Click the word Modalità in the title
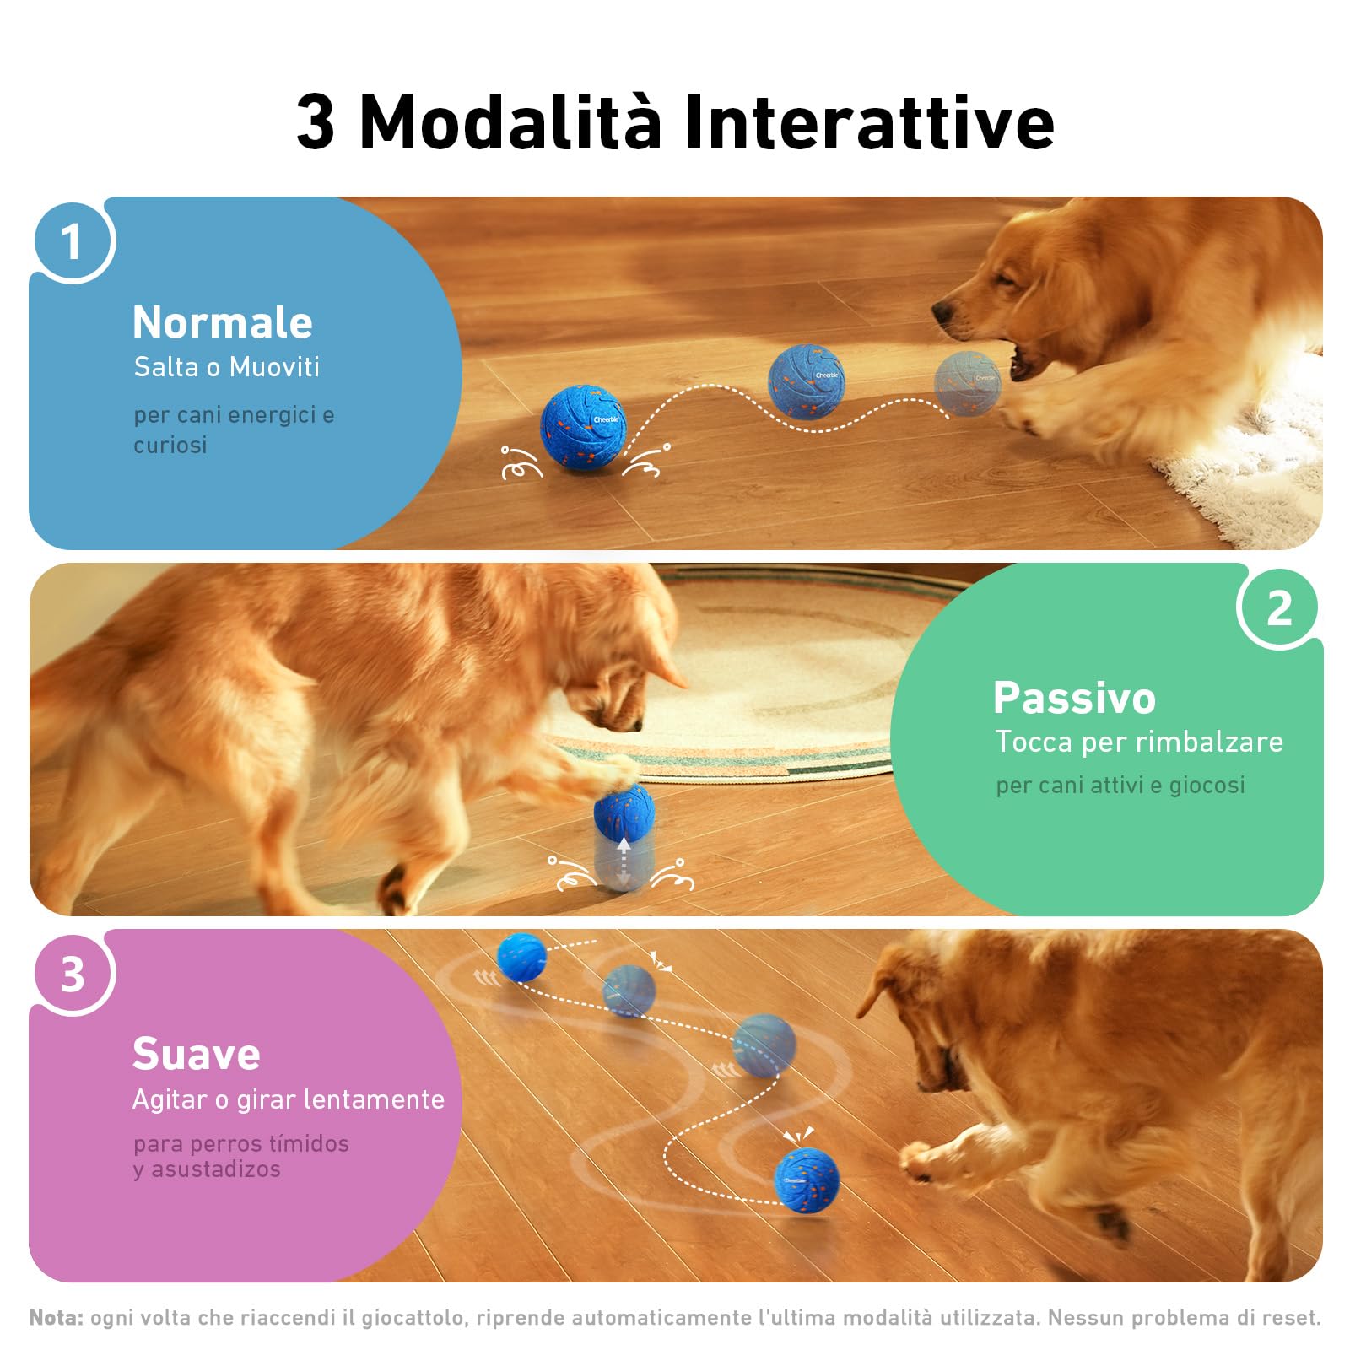pos(510,122)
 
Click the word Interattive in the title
pos(869,122)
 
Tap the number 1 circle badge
pos(73,242)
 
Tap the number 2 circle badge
pos(1278,607)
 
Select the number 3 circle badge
pos(73,974)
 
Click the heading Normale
pos(223,322)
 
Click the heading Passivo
pos(1074,698)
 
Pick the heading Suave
pos(197,1054)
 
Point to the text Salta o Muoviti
pos(227,367)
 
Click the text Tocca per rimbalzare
pos(1139,742)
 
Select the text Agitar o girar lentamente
pos(289,1099)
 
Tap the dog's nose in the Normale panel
pos(943,314)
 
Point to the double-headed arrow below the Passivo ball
pos(624,862)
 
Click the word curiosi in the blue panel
pos(170,445)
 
